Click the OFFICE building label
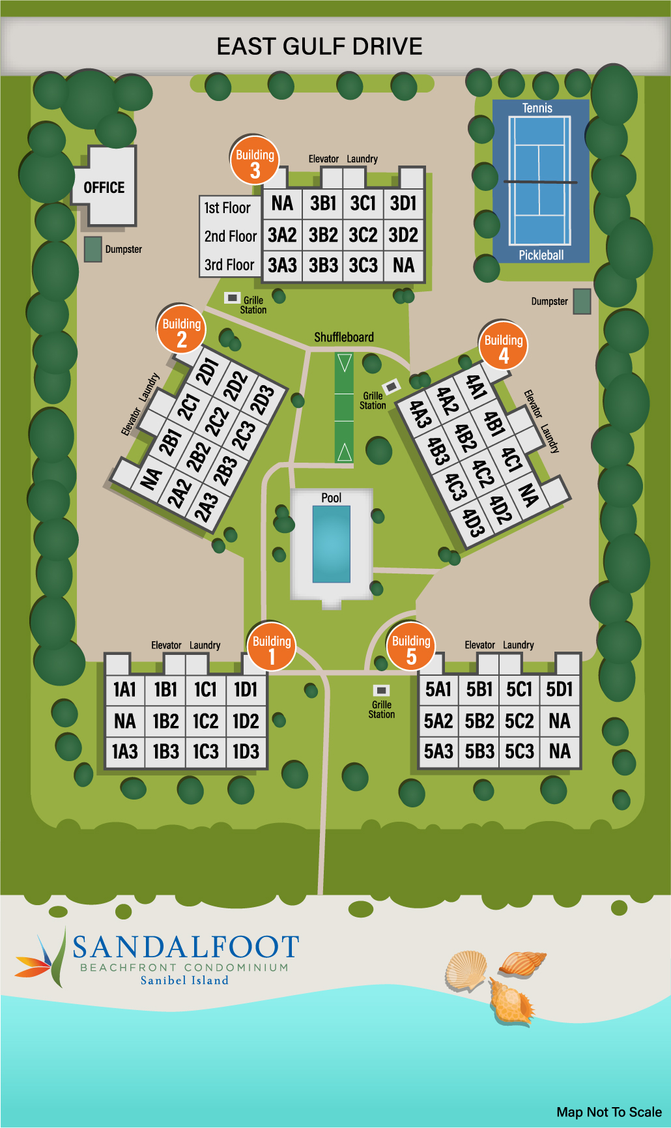(104, 188)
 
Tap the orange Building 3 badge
(255, 160)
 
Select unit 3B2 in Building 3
(323, 235)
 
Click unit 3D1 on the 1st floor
(403, 203)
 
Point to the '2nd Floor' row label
(230, 236)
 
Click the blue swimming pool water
(332, 543)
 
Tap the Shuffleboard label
(344, 337)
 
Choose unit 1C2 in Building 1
(205, 721)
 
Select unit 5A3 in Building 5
(438, 751)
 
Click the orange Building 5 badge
(411, 647)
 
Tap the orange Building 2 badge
(182, 330)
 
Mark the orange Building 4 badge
(504, 346)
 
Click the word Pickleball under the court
(541, 255)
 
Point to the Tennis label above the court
(537, 108)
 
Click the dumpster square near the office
(93, 249)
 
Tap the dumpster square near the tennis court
(582, 301)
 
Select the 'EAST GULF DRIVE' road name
(319, 47)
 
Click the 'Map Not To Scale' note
(609, 1112)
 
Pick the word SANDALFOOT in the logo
(186, 947)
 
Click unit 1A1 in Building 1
(124, 689)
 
